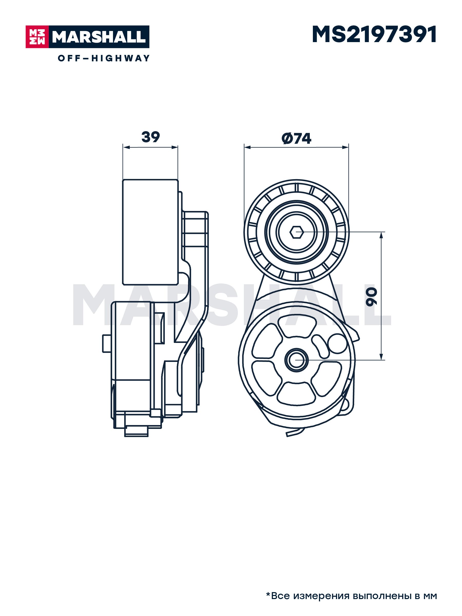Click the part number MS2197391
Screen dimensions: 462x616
374,35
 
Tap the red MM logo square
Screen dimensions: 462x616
37,37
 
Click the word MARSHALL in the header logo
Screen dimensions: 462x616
99,37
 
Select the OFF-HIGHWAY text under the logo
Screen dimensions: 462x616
104,58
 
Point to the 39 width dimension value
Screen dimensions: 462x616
151,137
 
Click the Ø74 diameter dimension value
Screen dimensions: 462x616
296,138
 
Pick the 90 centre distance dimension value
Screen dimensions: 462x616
371,297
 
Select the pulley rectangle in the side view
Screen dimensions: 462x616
150,232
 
